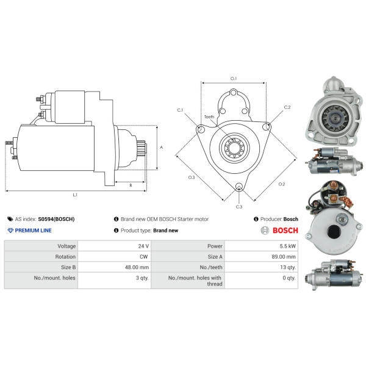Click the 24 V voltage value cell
pos(143,246)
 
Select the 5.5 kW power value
pos(287,246)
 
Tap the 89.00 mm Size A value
pos(284,257)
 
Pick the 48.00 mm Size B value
pos(137,267)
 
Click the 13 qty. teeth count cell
pos(288,267)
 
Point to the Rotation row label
pos(65,257)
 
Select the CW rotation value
pos(143,257)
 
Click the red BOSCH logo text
pos(285,231)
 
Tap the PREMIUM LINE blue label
pos(33,231)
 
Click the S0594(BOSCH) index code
pos(56,219)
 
